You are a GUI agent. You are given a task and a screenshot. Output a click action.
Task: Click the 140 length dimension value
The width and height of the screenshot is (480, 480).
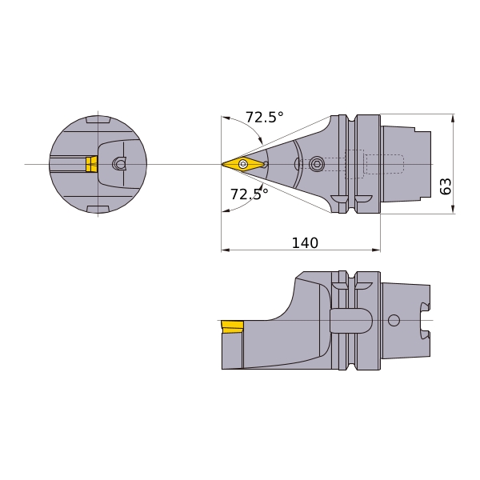click(x=305, y=242)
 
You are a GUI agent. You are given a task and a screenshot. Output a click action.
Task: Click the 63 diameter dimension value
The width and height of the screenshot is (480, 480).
click(x=446, y=186)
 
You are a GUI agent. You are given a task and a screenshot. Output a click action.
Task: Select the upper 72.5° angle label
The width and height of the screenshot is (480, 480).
click(x=265, y=117)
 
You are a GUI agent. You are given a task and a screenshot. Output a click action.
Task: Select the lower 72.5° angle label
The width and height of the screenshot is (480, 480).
click(x=249, y=194)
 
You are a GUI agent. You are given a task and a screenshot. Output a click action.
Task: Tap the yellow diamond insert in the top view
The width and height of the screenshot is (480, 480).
click(x=243, y=164)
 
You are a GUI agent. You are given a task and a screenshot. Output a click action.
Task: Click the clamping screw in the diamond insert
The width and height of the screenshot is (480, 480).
click(x=244, y=163)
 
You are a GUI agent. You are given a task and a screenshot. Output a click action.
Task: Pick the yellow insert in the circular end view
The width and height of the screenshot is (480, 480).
click(x=91, y=164)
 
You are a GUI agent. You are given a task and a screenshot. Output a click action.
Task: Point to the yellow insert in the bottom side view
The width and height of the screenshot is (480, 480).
click(x=233, y=327)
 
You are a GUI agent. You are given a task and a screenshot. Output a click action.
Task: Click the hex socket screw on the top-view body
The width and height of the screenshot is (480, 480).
click(x=316, y=164)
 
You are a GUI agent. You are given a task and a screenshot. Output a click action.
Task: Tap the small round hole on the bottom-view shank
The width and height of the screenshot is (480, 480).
click(x=394, y=320)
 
